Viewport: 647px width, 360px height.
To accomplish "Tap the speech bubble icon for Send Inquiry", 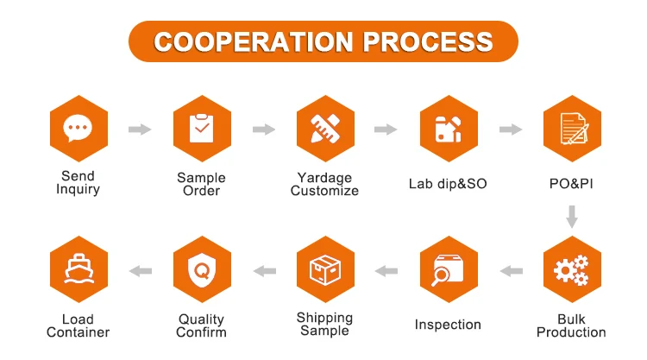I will coord(78,129).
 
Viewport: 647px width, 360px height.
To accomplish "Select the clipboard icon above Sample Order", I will coord(201,129).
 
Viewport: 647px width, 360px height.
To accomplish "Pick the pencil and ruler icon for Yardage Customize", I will coord(324,129).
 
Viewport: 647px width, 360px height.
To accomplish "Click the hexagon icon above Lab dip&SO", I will coord(448,129).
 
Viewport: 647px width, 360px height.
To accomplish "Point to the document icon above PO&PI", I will coord(571,129).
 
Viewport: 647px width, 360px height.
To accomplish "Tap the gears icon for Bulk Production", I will coord(571,270).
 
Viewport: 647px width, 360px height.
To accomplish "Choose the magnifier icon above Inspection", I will coord(448,270).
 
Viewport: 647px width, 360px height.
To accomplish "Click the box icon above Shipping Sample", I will coord(324,270).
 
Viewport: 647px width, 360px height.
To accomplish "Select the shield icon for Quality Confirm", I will coord(201,270).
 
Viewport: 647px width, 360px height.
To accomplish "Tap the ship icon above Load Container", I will coord(78,270).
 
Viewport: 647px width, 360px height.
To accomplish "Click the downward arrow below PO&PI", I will coord(571,216).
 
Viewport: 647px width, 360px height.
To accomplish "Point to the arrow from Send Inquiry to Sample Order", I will coord(139,129).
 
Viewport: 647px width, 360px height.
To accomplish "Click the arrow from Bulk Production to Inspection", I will coord(511,271).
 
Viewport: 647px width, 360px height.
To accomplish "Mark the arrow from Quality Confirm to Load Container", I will coord(140,271).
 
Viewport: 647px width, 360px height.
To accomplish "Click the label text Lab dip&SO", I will coord(448,184).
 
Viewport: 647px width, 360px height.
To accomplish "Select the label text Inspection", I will coord(448,325).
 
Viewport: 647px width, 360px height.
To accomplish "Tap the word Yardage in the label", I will coord(324,178).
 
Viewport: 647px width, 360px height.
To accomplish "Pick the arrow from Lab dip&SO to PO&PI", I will coord(510,129).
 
